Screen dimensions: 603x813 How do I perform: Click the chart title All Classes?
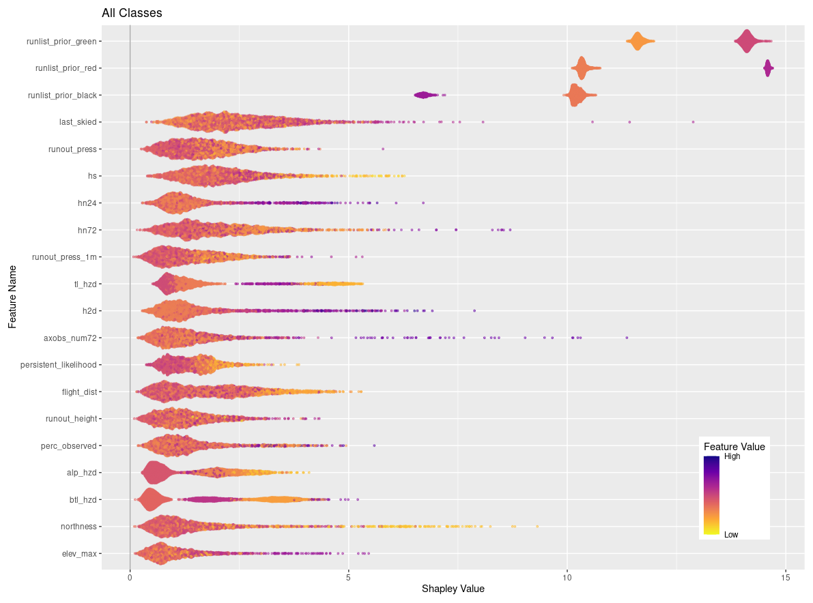click(132, 13)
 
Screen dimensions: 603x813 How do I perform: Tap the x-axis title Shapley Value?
click(453, 589)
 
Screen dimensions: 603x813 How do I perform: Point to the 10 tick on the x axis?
click(567, 576)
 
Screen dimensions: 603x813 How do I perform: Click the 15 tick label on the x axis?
click(786, 576)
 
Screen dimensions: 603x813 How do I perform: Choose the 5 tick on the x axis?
click(348, 576)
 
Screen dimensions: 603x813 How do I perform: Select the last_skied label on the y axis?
click(78, 122)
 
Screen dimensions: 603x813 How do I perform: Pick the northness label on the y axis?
click(79, 527)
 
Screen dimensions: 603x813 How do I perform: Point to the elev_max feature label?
click(79, 554)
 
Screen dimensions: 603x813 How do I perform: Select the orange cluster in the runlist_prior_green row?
click(638, 41)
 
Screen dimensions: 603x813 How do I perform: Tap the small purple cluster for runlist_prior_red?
click(768, 68)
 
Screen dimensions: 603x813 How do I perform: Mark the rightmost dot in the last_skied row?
click(693, 122)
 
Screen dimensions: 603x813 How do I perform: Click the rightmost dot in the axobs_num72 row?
click(626, 338)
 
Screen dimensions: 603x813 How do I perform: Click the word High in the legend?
click(732, 457)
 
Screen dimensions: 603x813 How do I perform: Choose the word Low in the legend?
click(730, 535)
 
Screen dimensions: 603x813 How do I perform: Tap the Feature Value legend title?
click(734, 447)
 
